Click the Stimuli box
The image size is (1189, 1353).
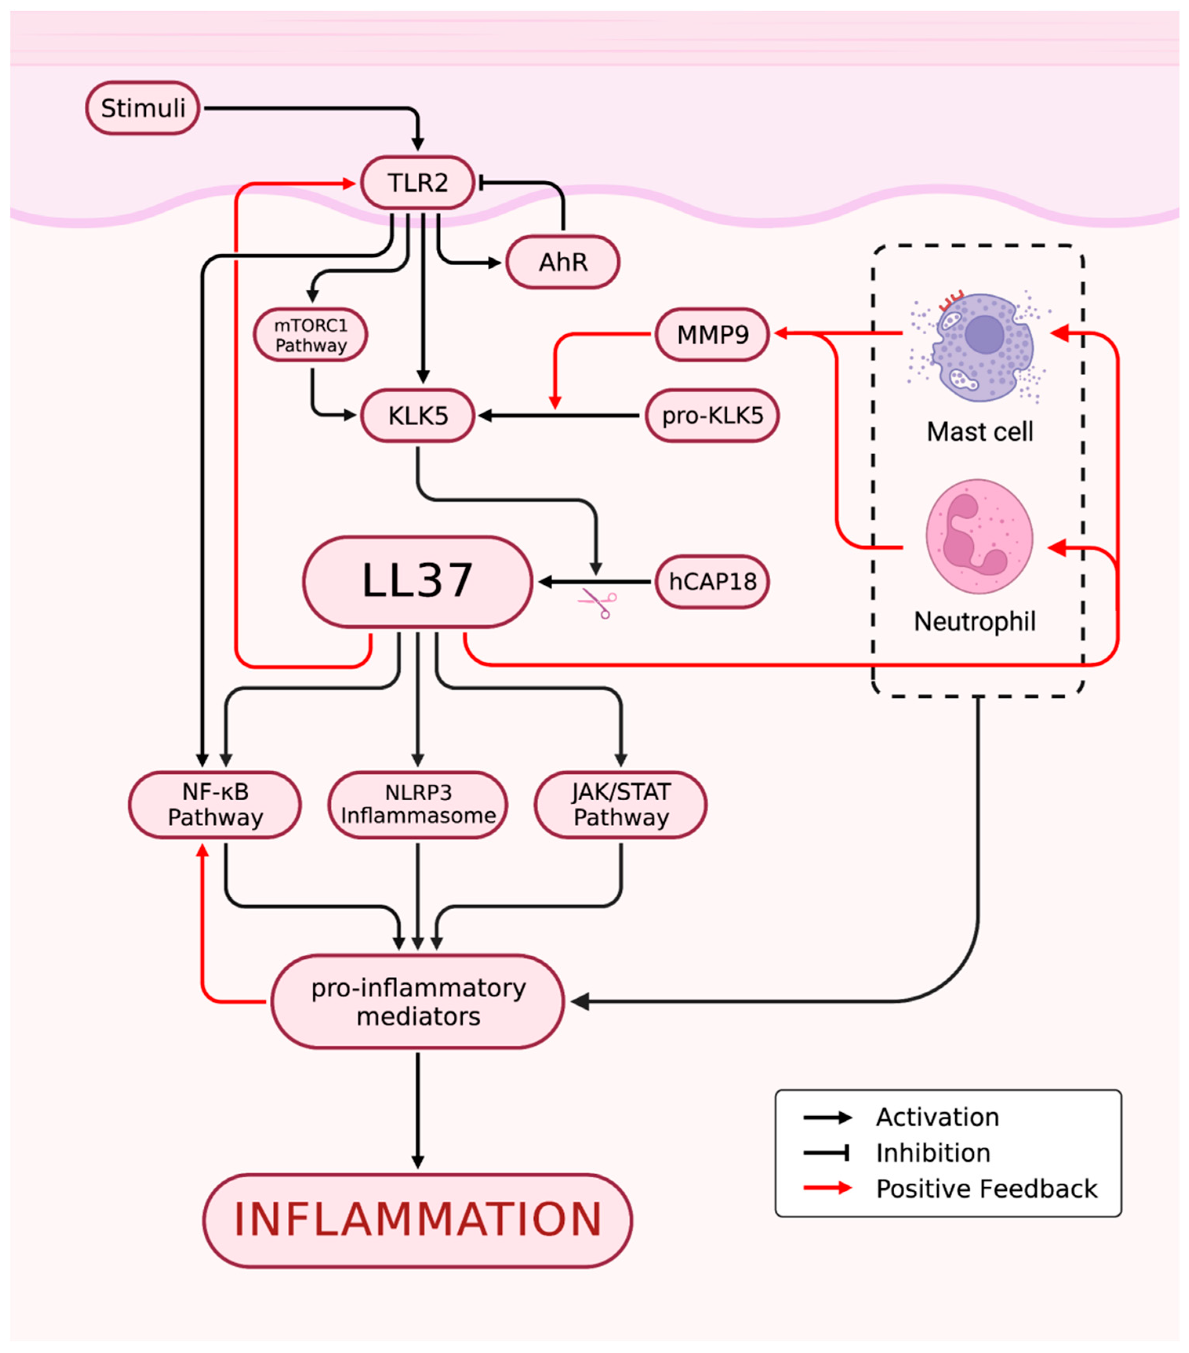point(142,108)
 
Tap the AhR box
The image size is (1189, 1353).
point(563,262)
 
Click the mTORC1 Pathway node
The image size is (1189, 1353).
point(310,335)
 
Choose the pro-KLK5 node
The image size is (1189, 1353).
point(712,416)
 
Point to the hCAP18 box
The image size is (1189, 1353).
point(712,582)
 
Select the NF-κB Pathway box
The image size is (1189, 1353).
point(215,804)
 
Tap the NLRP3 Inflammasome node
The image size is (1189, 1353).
point(418,804)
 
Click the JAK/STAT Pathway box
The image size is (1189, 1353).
point(621,804)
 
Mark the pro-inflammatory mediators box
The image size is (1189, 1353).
point(418,1001)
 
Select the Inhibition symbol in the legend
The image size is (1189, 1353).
point(827,1153)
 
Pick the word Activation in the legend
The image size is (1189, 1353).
point(937,1117)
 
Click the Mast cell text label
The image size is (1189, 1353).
point(979,432)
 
